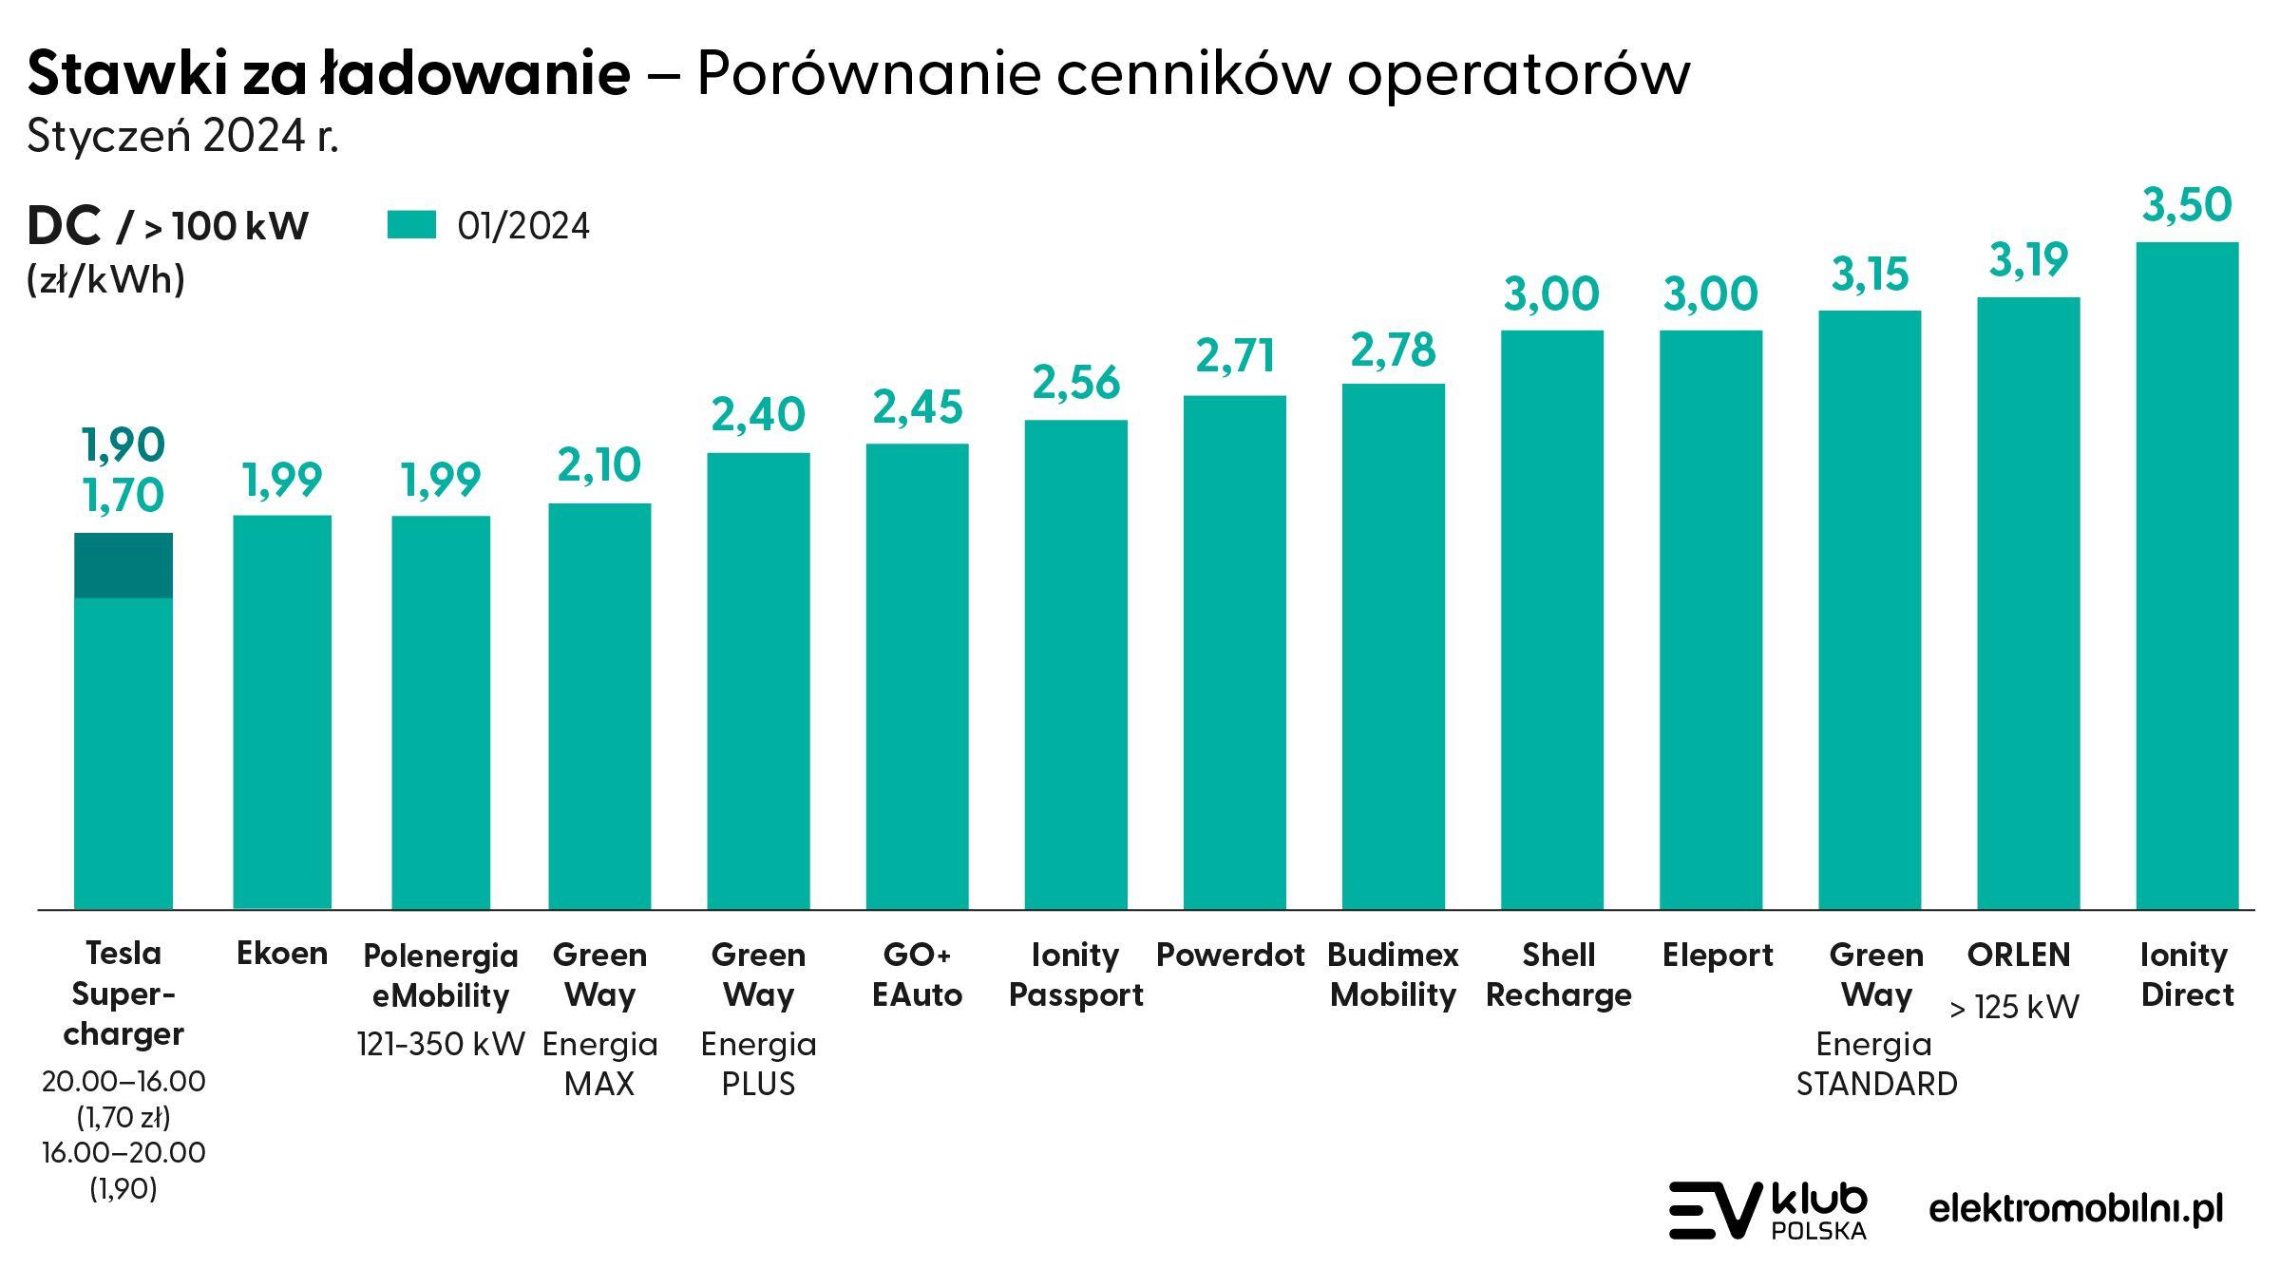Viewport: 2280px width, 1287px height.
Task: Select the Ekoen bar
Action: [282, 712]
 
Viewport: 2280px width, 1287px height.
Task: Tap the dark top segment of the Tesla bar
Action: [123, 565]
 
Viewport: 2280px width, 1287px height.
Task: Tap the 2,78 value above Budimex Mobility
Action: [1393, 351]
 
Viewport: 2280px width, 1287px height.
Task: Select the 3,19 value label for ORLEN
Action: [2028, 260]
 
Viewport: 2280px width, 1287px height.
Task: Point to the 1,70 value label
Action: [123, 495]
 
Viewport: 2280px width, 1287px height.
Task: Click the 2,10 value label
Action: [599, 465]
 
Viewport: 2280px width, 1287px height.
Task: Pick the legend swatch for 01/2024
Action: [411, 225]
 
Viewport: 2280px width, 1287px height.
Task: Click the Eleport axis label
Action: [1718, 955]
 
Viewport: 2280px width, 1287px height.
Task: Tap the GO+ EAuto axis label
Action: [917, 975]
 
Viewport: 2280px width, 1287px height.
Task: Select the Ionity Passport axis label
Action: [1075, 975]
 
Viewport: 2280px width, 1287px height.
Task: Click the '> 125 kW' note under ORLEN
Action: [2014, 1007]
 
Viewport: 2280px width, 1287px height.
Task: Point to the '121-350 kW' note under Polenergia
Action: [441, 1045]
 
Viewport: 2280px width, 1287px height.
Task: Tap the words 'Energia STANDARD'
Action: [1876, 1064]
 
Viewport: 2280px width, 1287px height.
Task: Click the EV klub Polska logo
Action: [1768, 1211]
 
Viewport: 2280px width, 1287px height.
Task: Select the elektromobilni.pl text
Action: [2076, 1209]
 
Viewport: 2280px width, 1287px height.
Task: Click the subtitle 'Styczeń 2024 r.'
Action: [183, 137]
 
